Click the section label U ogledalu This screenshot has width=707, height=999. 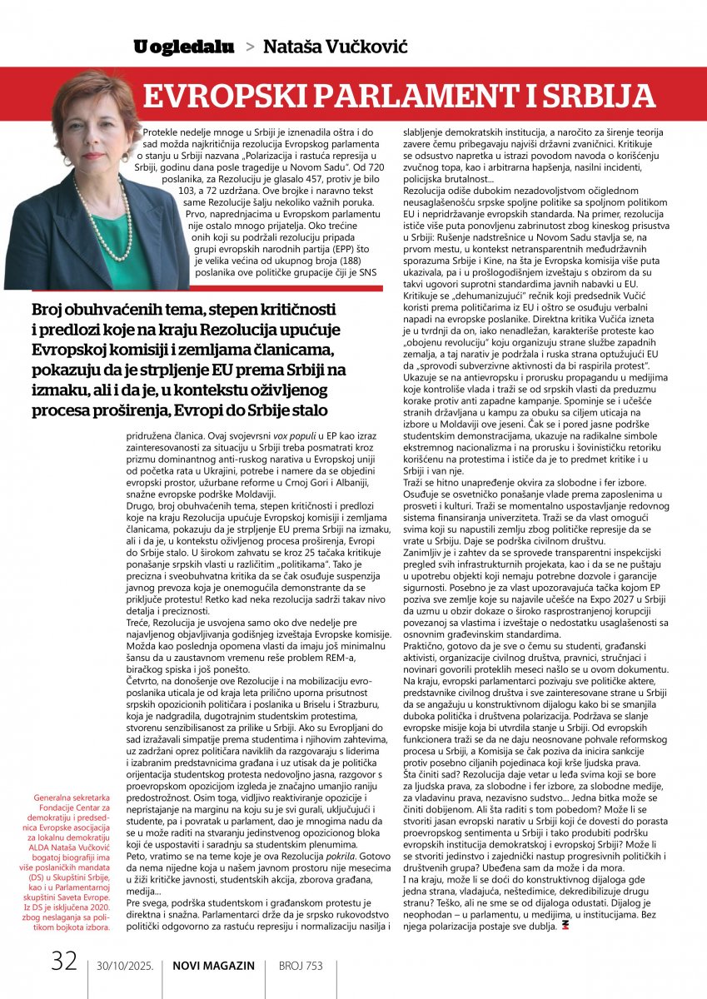click(x=183, y=47)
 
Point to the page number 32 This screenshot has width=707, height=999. click(x=64, y=962)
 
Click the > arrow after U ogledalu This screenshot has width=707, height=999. click(x=250, y=47)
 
